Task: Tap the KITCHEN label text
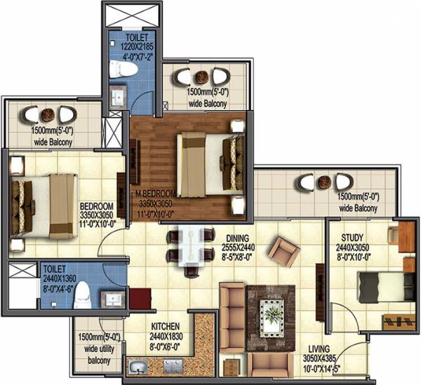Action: coord(166,327)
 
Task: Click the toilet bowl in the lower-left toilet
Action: coord(82,294)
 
